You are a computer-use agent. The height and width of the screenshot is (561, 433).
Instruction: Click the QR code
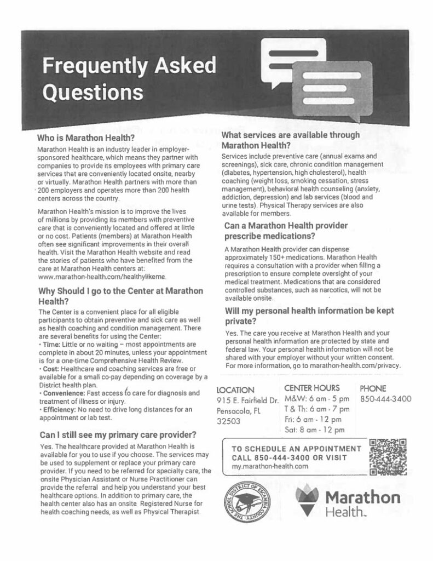point(389,456)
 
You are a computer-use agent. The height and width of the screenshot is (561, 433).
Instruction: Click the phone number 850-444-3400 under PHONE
point(386,399)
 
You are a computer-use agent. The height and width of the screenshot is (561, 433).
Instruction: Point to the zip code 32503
point(229,421)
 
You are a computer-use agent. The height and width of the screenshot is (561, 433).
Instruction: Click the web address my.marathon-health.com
point(267,466)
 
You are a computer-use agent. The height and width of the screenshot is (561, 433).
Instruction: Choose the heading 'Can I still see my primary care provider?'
point(118,436)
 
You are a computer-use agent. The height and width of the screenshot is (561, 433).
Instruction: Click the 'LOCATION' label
point(235,390)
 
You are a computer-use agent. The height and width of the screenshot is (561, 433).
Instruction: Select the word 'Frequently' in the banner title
point(92,66)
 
